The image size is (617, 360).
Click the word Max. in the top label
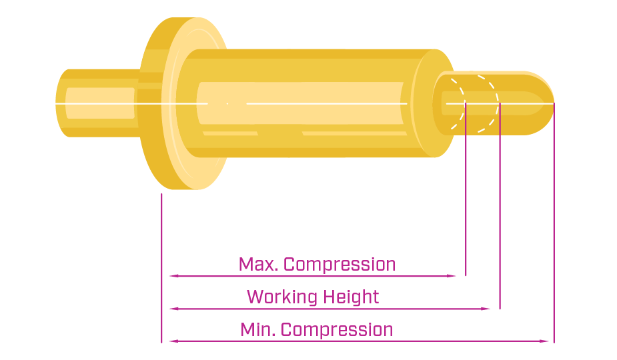[x=258, y=265]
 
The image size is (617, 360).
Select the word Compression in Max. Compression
[x=340, y=265]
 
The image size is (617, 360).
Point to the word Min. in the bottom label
[x=257, y=330]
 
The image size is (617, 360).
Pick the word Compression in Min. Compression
[x=337, y=331]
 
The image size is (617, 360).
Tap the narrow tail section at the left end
[x=97, y=103]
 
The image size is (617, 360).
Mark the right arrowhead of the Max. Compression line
[x=452, y=276]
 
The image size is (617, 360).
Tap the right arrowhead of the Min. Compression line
[x=544, y=341]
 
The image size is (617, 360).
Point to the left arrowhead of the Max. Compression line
[x=174, y=276]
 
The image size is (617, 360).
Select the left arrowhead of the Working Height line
[x=174, y=309]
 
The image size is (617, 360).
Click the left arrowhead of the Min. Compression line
[x=174, y=341]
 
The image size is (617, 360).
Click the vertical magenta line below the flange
[x=161, y=268]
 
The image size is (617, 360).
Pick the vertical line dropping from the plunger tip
[x=554, y=223]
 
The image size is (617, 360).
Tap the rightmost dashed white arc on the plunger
[x=495, y=103]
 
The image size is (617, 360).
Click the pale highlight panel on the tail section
[x=100, y=103]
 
